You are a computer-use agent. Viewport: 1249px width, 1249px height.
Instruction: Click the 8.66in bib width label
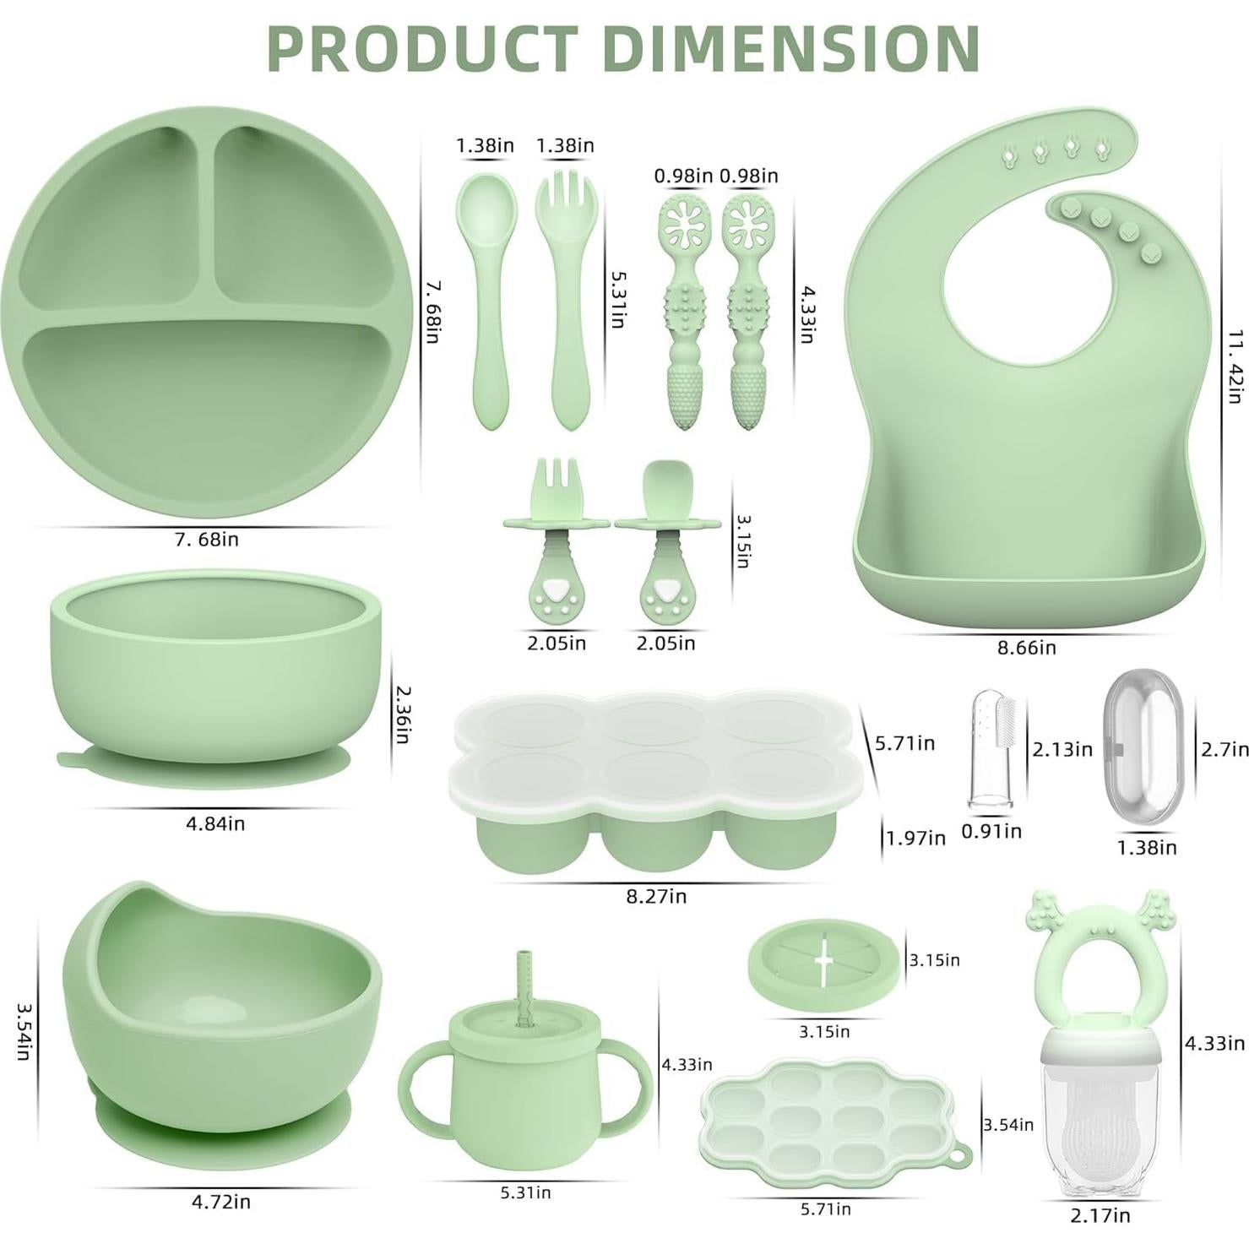click(x=1026, y=648)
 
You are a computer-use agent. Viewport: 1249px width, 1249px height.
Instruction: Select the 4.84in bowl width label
click(x=215, y=823)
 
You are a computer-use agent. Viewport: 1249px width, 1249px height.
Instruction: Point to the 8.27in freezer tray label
click(x=656, y=896)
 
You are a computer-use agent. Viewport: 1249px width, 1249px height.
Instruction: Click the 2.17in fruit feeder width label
click(x=1100, y=1215)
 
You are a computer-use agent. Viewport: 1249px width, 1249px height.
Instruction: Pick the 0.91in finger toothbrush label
click(x=991, y=831)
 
